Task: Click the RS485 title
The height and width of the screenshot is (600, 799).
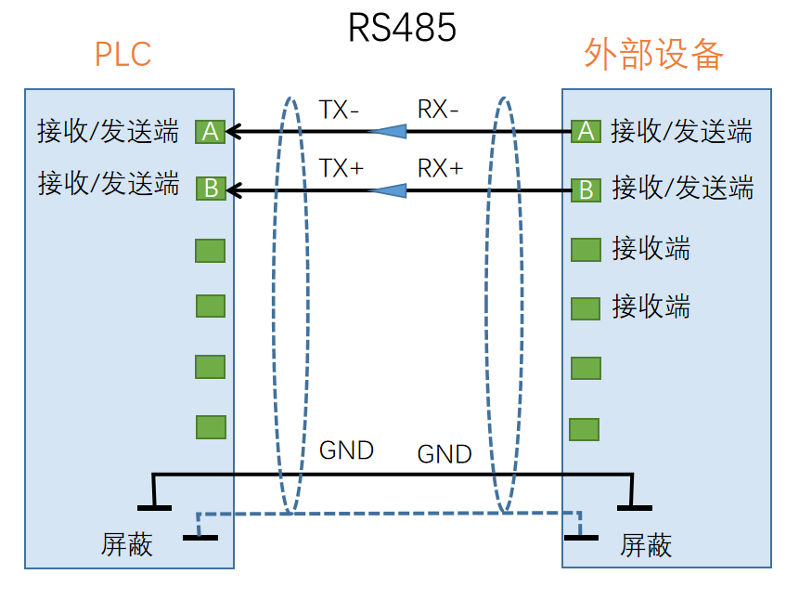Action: point(402,27)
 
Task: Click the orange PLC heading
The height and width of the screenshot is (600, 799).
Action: point(122,55)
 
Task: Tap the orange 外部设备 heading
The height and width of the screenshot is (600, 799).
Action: point(653,55)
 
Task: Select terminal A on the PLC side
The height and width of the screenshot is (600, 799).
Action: point(211,132)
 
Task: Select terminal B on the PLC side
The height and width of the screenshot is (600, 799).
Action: point(211,189)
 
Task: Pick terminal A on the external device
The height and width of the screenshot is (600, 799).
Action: point(586,132)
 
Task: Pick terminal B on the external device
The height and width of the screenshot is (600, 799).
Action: point(586,190)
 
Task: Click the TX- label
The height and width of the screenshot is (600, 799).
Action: point(339,110)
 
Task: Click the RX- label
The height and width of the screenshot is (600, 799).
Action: point(438,110)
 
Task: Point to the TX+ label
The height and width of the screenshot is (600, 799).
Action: point(341,168)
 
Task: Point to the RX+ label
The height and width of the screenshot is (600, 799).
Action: point(440,168)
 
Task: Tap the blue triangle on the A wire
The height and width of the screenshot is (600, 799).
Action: point(388,132)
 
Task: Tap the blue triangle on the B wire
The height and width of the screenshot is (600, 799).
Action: point(388,190)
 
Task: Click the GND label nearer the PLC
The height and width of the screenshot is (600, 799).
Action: point(346,450)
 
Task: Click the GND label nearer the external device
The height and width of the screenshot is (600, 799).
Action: point(445,454)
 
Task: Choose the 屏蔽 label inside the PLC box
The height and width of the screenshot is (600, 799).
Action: point(126,544)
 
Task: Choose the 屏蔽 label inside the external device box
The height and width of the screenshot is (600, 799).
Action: point(646,544)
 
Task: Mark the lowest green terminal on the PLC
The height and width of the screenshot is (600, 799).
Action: point(211,427)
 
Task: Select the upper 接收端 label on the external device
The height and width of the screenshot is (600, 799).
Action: point(651,249)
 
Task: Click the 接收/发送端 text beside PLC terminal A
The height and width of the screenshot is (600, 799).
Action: point(108,132)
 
